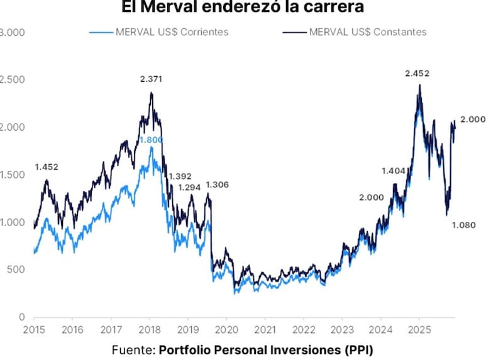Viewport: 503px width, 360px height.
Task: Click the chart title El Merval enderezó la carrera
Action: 251,8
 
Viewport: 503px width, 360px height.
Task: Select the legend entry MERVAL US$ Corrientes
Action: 171,31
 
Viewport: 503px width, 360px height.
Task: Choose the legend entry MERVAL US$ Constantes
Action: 368,31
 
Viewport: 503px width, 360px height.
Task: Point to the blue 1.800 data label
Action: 151,139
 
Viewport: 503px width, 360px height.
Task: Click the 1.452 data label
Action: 47,167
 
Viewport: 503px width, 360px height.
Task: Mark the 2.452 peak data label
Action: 417,74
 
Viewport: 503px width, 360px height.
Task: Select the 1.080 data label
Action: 464,224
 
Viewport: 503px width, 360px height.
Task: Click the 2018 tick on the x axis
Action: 150,329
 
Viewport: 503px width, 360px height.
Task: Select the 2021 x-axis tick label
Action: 265,329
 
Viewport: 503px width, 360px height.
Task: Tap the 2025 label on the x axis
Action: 418,329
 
